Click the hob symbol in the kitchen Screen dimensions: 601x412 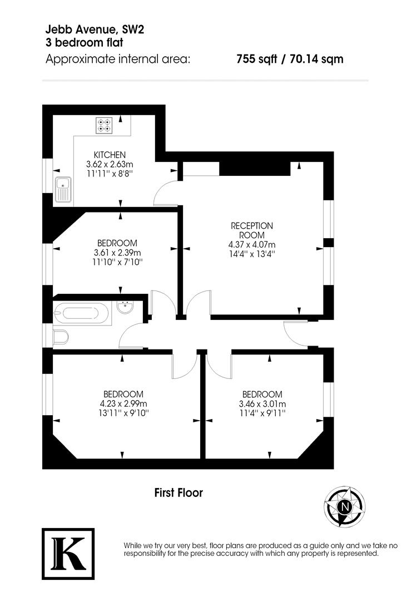tap(103, 125)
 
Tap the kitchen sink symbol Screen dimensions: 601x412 tap(62, 189)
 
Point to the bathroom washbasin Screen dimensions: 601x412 tap(126, 307)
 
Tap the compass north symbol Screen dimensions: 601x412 tap(346, 507)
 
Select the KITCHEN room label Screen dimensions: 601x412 tap(110, 155)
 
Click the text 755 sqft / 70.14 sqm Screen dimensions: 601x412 tap(290, 58)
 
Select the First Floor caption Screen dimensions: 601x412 tap(178, 492)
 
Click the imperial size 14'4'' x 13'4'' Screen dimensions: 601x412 tap(252, 254)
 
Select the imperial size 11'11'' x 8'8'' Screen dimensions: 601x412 tap(110, 174)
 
